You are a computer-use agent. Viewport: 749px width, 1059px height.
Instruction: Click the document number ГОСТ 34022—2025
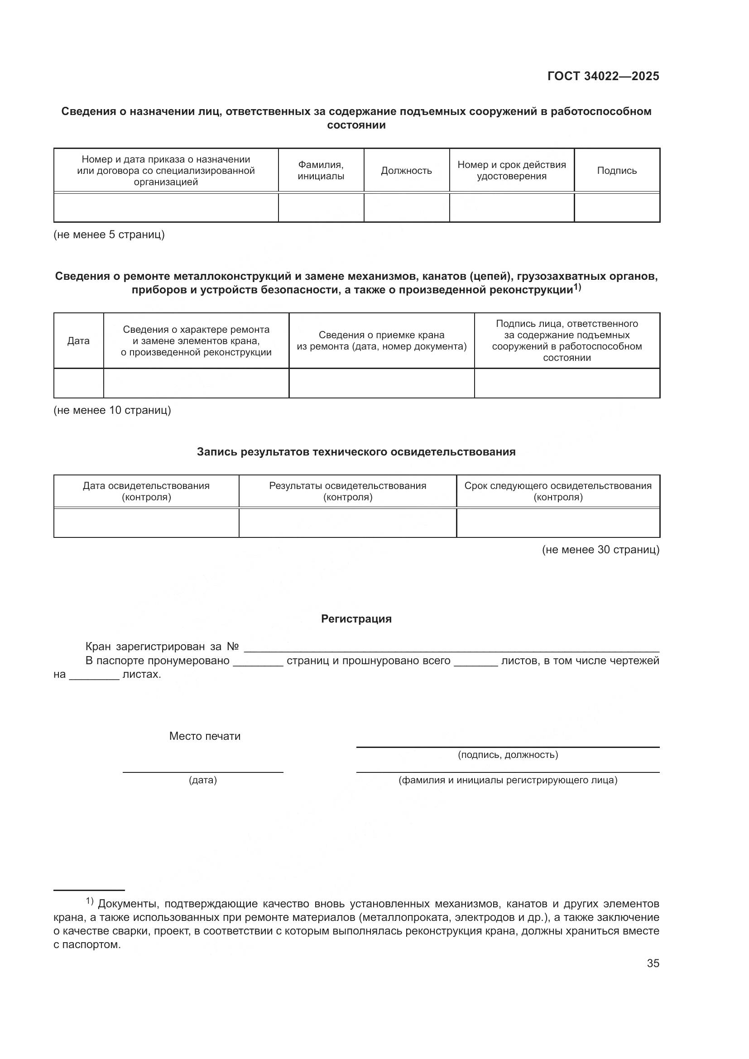603,77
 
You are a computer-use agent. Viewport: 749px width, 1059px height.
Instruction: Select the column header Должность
406,171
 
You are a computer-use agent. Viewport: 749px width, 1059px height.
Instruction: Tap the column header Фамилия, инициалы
321,171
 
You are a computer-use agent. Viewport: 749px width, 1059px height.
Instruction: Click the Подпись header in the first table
617,171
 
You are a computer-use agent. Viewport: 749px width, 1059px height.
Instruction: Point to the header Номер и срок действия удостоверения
511,171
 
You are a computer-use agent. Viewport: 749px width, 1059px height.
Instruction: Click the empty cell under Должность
406,207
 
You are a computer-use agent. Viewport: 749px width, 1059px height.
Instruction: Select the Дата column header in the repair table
78,341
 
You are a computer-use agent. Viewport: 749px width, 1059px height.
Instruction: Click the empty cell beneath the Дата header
78,383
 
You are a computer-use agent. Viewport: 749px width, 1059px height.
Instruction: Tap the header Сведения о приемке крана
381,341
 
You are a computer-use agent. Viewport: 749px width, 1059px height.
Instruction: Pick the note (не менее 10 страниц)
112,410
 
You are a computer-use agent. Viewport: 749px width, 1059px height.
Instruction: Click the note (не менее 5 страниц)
109,235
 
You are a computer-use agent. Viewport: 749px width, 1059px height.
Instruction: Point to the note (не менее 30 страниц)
600,549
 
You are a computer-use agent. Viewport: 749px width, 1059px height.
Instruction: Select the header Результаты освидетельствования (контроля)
347,491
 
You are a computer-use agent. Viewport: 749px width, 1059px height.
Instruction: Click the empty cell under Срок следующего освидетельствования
557,523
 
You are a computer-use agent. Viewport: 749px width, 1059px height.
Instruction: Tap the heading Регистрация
356,619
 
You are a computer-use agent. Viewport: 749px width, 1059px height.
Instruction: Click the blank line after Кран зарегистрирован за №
451,647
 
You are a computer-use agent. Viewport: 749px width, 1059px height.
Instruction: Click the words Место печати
205,736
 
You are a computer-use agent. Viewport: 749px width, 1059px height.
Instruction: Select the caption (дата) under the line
202,780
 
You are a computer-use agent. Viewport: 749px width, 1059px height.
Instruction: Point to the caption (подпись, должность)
507,755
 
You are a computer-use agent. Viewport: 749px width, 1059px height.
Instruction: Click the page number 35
653,963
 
